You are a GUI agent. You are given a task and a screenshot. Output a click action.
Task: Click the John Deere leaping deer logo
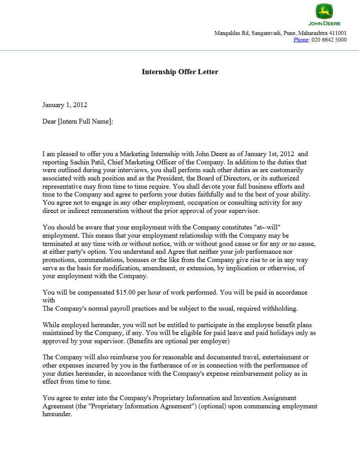pos(324,12)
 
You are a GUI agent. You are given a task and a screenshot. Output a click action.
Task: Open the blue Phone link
pos(301,40)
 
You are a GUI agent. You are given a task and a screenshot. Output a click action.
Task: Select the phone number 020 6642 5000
pos(329,40)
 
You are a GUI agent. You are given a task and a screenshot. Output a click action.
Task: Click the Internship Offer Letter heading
pos(180,71)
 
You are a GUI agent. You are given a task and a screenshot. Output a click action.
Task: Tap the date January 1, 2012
pos(65,105)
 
